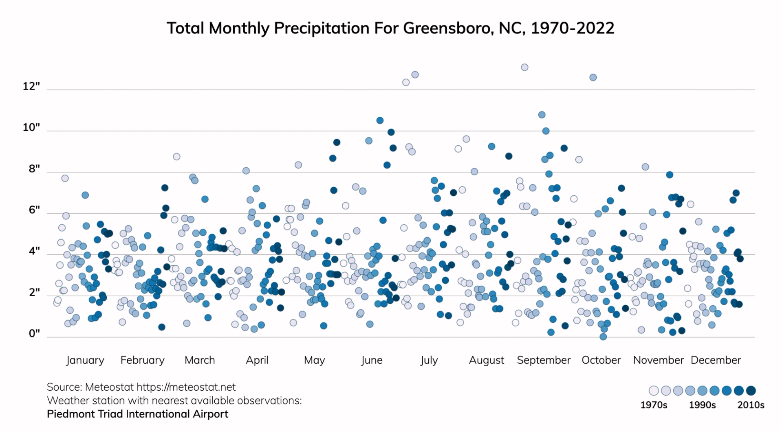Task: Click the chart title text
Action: click(390, 28)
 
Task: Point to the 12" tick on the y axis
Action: click(31, 86)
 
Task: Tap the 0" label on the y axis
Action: click(34, 334)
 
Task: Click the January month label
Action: click(85, 360)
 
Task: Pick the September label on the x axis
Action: click(544, 360)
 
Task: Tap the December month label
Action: click(716, 360)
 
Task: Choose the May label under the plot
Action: click(314, 360)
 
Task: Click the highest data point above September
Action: click(524, 67)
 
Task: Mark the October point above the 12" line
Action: click(593, 77)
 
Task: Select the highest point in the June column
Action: click(415, 74)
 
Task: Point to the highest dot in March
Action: click(176, 157)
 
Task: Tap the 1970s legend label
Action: click(654, 405)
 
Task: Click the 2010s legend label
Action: click(751, 405)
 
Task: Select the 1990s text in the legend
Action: click(702, 405)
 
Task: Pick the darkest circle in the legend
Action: click(751, 391)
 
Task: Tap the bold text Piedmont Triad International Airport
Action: click(137, 414)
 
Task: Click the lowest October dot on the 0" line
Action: click(603, 337)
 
